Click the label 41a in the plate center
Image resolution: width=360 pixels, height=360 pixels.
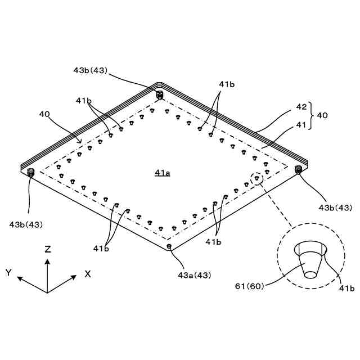(163, 173)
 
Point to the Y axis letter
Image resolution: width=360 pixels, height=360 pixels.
(8, 273)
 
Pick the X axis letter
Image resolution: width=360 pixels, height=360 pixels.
(88, 273)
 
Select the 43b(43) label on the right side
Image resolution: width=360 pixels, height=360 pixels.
(335, 208)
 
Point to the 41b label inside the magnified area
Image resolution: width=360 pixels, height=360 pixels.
(345, 289)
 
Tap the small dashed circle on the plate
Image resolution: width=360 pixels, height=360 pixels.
(256, 179)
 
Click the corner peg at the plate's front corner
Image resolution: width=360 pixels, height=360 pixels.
(169, 246)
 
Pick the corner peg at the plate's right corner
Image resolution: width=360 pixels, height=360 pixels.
(298, 169)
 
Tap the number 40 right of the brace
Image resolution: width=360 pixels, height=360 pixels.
(322, 115)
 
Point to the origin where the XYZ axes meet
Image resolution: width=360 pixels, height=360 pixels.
(47, 292)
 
